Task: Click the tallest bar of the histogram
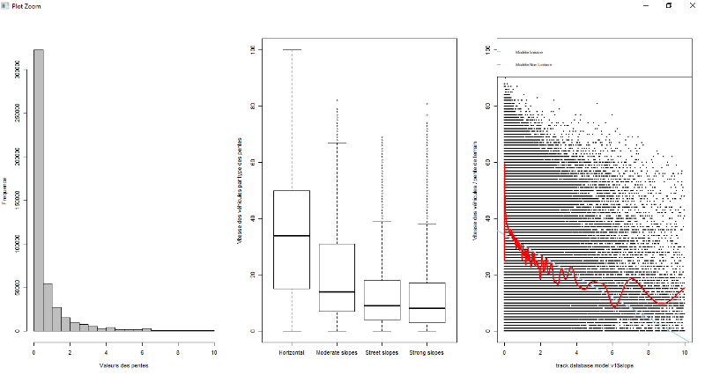click(38, 189)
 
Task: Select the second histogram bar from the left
click(48, 307)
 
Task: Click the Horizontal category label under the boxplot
click(292, 352)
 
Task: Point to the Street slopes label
click(382, 352)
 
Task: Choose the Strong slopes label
click(427, 352)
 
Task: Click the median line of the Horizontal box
click(292, 236)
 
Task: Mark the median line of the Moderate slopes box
click(337, 291)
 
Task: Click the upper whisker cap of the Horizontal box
click(292, 49)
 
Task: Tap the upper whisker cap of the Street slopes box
click(382, 221)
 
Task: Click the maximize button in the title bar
click(668, 5)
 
